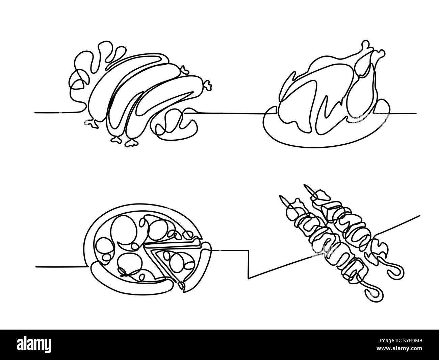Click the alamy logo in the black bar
tap(34, 344)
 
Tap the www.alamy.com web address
tap(399, 349)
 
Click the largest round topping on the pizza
tap(124, 230)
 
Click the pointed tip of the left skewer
tap(280, 196)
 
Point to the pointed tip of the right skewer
tap(305, 185)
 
